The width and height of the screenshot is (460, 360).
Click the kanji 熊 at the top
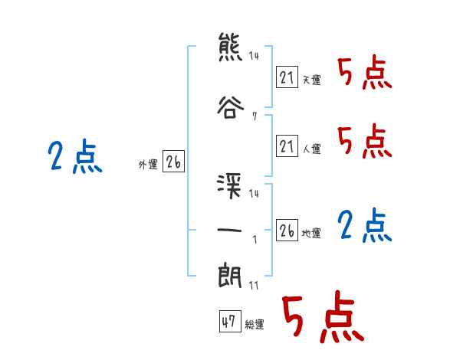coord(230,47)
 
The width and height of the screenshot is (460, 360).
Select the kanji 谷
coord(230,108)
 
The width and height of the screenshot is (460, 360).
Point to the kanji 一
coord(230,231)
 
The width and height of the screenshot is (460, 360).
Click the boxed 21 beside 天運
coord(287,77)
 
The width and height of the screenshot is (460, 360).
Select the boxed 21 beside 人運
coord(287,146)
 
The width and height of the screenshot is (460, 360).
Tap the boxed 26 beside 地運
coord(287,230)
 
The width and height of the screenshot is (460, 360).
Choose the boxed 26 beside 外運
coord(173,162)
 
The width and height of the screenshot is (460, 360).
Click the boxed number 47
coord(228,322)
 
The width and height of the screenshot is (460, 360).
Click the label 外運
coord(148,165)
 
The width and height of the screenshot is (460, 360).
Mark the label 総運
coord(254,325)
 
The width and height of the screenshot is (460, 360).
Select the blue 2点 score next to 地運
coord(365,226)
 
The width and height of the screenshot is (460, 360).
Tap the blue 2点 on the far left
coord(75,158)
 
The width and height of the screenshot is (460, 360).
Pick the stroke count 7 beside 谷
coord(253,117)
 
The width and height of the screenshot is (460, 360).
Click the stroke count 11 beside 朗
coord(254,285)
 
